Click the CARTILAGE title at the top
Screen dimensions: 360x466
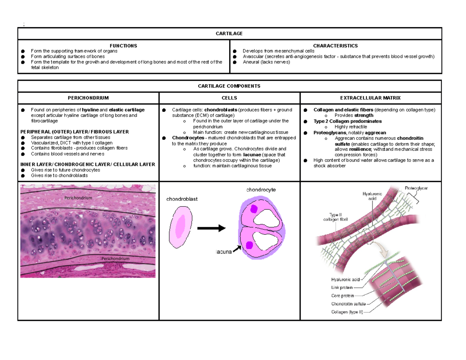(x=229, y=33)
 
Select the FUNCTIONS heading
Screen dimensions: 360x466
(x=123, y=46)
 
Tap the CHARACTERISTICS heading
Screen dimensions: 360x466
(x=336, y=46)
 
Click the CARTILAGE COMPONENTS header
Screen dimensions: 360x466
(x=229, y=86)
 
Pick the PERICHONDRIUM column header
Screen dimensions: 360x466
(x=88, y=98)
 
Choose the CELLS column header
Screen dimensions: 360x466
(x=229, y=98)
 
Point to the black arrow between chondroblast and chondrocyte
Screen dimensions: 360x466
(x=211, y=228)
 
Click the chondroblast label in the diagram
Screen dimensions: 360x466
(x=182, y=199)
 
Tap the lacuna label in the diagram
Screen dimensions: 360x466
(x=224, y=252)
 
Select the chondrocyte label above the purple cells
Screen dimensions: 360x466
(x=261, y=190)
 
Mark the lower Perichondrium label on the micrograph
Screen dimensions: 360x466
(x=115, y=259)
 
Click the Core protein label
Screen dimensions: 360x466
(x=343, y=296)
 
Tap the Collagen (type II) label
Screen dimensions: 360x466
(x=347, y=312)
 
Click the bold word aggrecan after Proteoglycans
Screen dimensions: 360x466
(x=376, y=132)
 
